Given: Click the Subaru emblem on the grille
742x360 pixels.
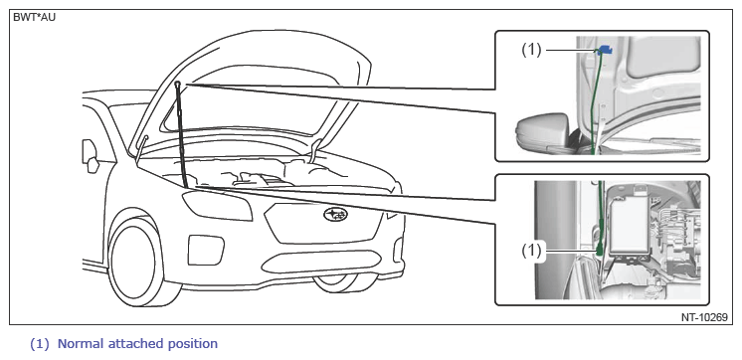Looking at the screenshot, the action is tap(335, 214).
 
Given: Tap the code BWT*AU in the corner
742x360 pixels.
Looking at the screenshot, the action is tap(35, 19).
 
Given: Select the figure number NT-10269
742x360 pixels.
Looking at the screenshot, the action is tap(704, 317).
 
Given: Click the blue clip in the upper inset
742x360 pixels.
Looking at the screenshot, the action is tap(606, 49).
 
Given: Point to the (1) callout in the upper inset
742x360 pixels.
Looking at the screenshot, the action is tap(531, 50).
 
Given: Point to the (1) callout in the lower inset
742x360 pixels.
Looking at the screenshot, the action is tap(531, 252).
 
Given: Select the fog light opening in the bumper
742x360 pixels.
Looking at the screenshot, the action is tap(206, 250).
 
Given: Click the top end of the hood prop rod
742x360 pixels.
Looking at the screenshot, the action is tap(177, 84).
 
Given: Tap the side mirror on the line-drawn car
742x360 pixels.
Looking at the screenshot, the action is tap(91, 157).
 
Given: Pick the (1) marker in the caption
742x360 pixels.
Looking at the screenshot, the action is tap(39, 344).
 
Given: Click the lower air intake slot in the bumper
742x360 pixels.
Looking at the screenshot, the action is tap(321, 262).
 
